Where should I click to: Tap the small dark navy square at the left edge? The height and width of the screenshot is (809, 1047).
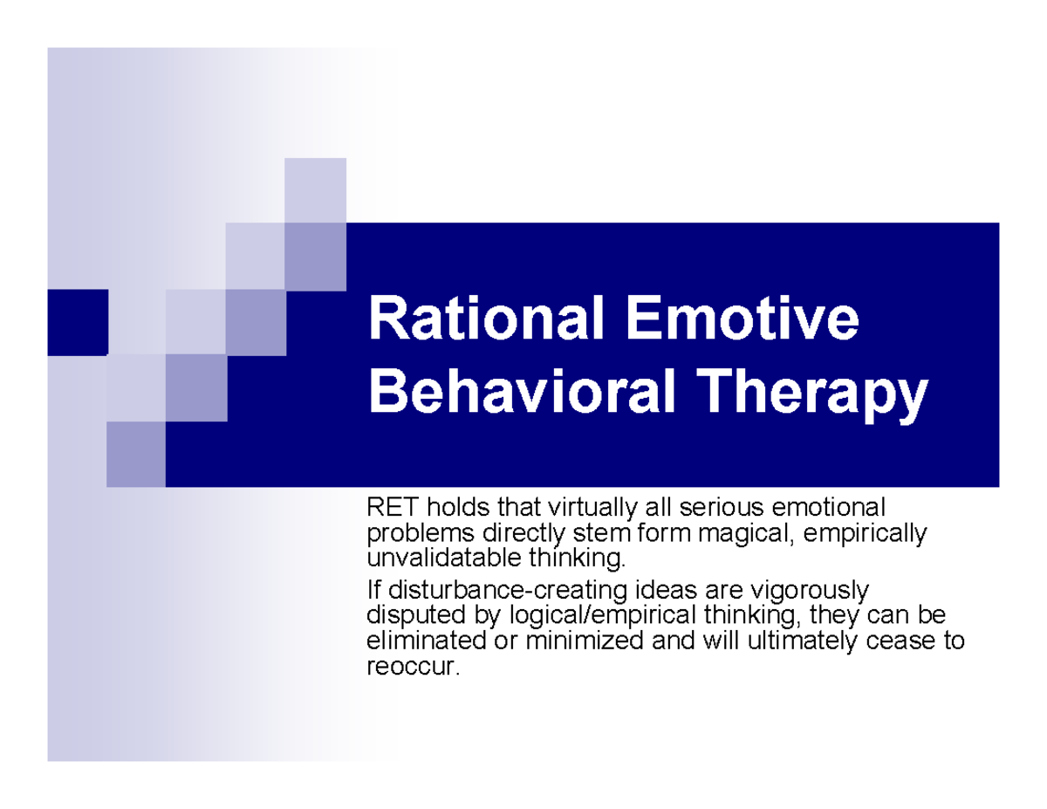(78, 322)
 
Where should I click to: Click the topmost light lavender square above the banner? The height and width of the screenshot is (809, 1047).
(315, 189)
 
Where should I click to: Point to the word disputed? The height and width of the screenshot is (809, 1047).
(407, 617)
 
